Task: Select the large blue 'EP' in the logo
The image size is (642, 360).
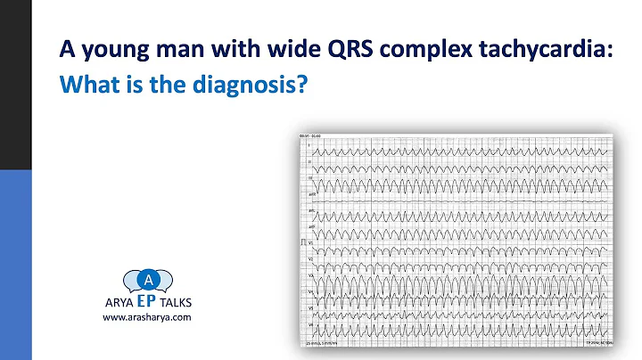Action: click(x=147, y=302)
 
